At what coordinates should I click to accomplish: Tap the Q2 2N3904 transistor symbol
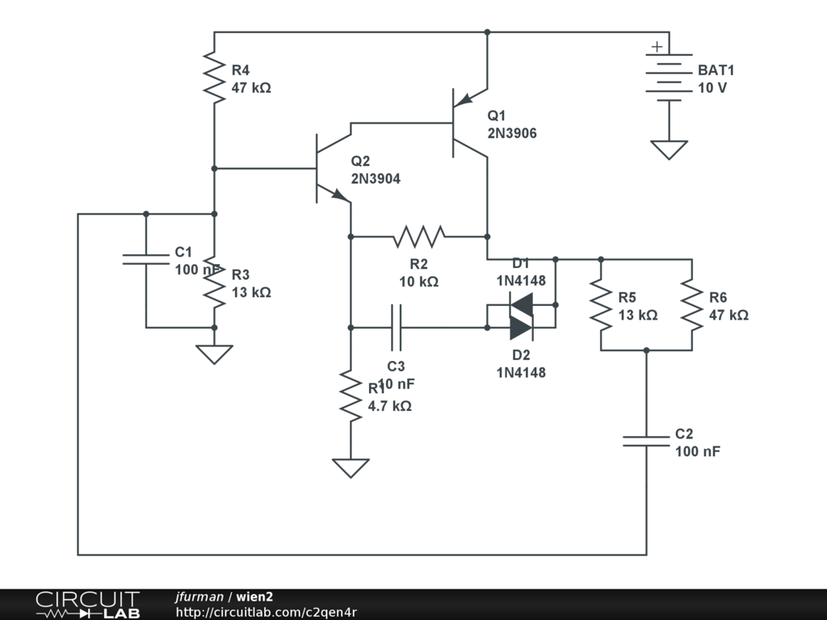point(327,170)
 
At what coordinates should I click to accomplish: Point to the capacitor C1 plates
point(146,259)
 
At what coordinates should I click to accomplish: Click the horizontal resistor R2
point(419,237)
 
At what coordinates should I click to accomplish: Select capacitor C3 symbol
point(396,327)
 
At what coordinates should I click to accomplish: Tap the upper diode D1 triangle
point(522,304)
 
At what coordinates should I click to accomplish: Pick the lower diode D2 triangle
point(522,327)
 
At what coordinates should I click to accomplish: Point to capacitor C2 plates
point(646,441)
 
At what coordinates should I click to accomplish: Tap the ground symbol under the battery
point(669,149)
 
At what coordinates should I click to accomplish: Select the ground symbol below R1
point(351,467)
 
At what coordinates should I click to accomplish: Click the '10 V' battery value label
point(712,87)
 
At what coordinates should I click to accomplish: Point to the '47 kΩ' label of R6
point(728,315)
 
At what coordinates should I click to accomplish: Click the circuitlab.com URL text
point(267,612)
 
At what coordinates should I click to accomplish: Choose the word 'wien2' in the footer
point(254,597)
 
